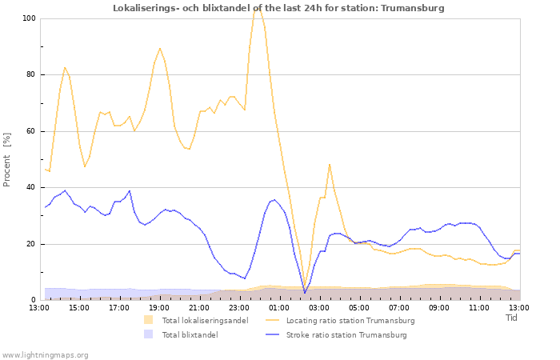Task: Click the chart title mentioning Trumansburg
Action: (x=278, y=8)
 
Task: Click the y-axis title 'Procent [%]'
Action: (x=8, y=159)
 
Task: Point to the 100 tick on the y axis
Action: (x=29, y=18)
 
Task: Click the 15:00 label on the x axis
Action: (x=79, y=307)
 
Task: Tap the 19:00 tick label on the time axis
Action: (x=159, y=307)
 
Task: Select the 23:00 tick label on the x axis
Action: (x=239, y=307)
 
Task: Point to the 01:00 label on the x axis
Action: (x=279, y=307)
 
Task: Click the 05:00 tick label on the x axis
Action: (x=359, y=307)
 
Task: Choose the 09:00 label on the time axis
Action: (x=439, y=307)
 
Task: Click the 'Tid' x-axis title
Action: (x=512, y=318)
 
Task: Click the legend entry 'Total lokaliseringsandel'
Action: (x=205, y=321)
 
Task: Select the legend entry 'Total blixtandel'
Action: (x=190, y=334)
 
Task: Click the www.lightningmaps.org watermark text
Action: (x=46, y=354)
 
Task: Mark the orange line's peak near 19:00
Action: (x=159, y=48)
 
